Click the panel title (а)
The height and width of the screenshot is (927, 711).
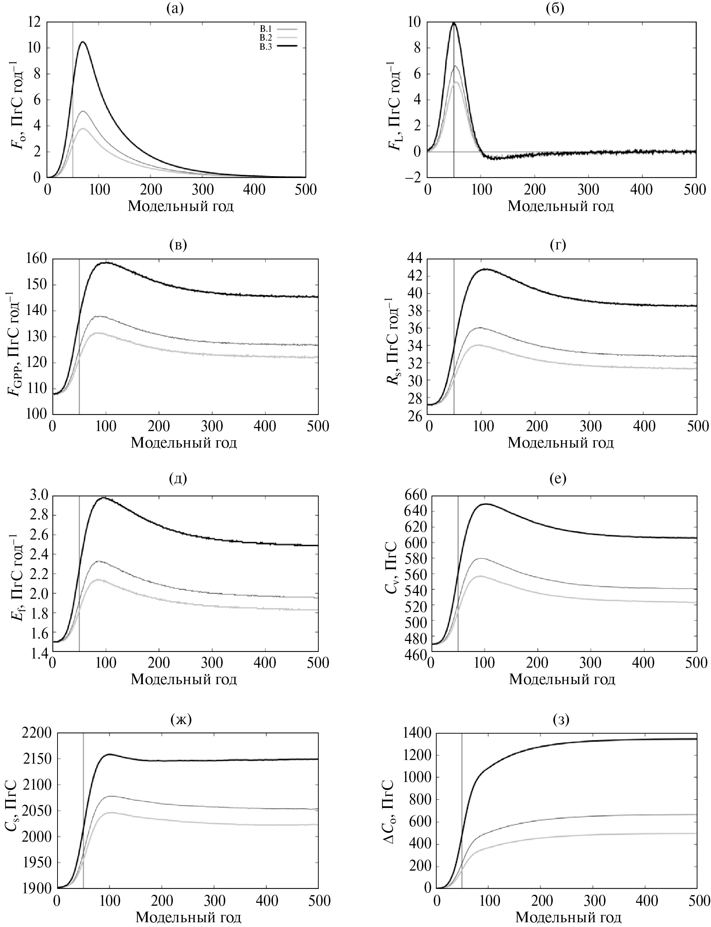point(175,8)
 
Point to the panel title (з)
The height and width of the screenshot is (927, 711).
point(561,719)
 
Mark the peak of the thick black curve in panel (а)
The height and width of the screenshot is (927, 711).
point(83,42)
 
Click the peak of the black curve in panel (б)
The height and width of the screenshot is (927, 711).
point(454,23)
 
